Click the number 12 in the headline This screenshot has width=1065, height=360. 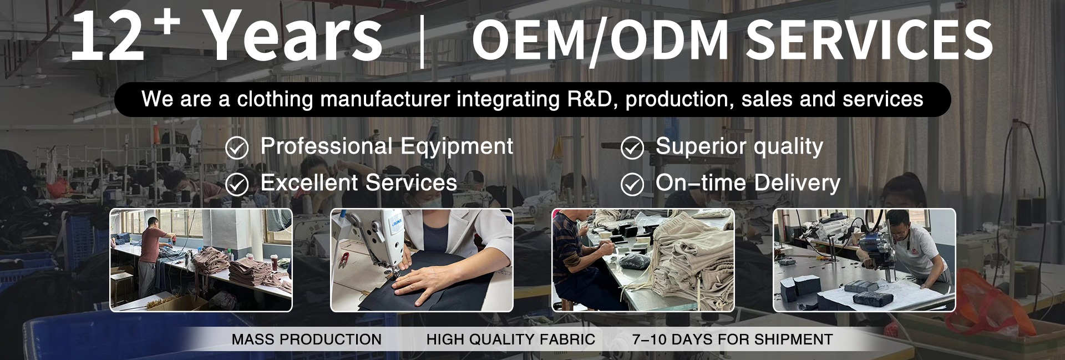[108, 37]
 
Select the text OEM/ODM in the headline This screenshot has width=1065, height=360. [600, 40]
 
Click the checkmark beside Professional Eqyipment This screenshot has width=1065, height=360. [237, 148]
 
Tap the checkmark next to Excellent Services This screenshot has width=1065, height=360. [237, 184]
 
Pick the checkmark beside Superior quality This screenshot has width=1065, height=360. [632, 148]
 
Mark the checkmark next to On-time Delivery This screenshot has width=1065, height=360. [632, 184]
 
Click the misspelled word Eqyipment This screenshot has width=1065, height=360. [457, 147]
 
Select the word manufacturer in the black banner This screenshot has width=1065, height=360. [385, 99]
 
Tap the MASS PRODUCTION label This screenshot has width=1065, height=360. [307, 339]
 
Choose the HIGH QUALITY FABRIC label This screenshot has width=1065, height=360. [511, 339]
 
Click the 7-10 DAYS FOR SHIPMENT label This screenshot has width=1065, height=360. [733, 339]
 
